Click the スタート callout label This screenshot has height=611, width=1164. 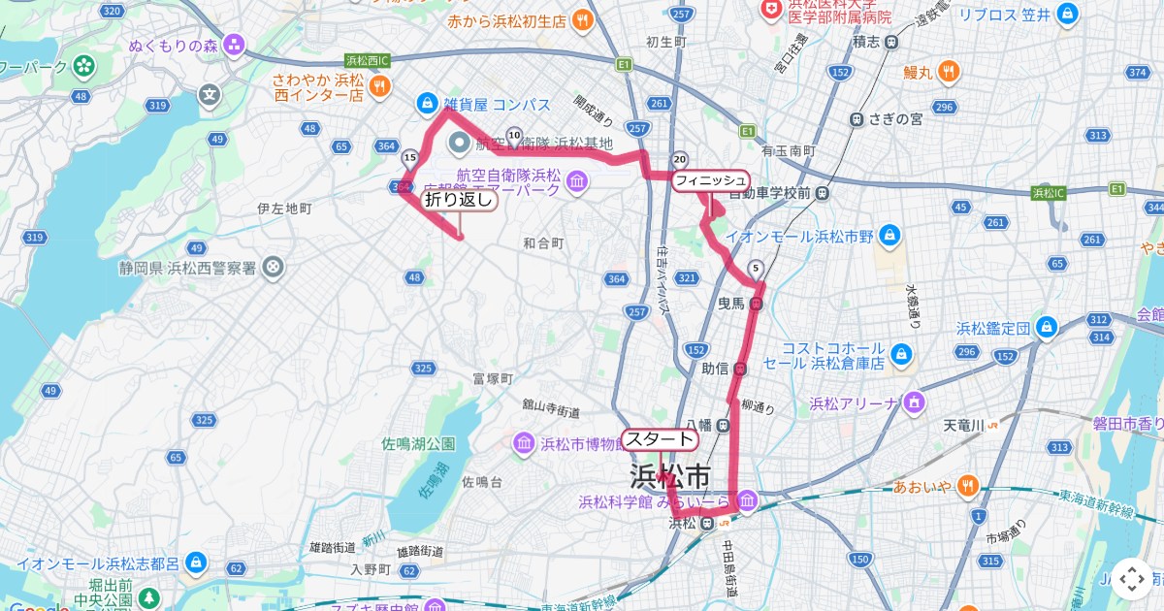click(660, 439)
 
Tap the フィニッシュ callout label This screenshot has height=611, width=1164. click(711, 180)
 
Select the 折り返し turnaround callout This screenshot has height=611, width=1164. click(459, 200)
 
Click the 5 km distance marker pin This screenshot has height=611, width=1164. click(756, 270)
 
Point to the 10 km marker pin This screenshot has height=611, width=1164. click(513, 137)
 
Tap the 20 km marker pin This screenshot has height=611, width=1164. click(680, 160)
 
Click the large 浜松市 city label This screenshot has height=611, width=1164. click(670, 476)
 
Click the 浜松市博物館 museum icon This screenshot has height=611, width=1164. click(523, 444)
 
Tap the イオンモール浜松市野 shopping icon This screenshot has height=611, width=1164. click(890, 235)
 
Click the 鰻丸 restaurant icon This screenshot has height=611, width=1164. click(950, 71)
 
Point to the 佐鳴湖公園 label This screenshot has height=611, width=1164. click(418, 444)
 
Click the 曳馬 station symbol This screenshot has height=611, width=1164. click(757, 304)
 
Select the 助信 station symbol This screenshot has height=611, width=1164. click(740, 369)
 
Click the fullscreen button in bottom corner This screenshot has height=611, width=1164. click(1131, 579)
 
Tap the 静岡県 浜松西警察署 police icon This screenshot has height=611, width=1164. click(275, 266)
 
